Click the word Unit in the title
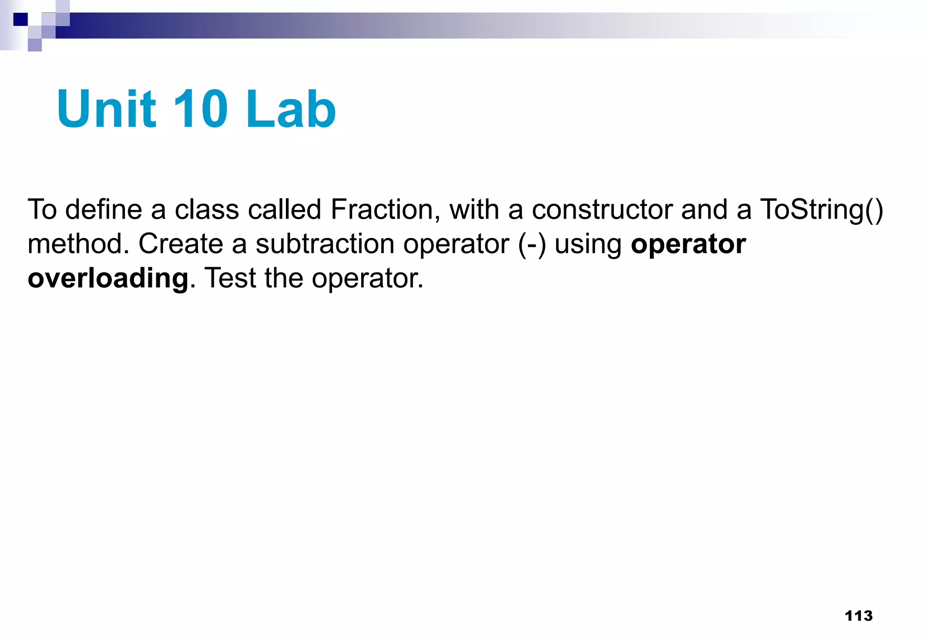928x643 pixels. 106,109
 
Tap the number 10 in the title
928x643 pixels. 200,109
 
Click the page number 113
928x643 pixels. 859,616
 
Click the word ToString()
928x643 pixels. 822,210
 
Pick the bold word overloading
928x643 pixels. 108,278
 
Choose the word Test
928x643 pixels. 230,278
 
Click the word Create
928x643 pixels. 180,244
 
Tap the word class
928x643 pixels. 207,209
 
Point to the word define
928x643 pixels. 104,209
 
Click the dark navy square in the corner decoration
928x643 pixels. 21,19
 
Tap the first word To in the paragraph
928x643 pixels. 42,209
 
